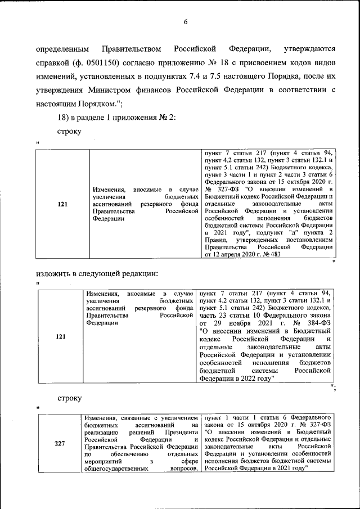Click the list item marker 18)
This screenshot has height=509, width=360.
tap(63, 117)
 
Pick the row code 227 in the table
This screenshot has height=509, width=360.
tap(60, 443)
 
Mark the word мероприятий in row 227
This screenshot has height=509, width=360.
tap(103, 460)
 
